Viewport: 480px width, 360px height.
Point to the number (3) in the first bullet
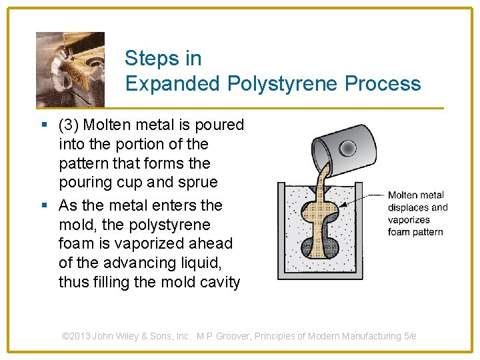[69, 125]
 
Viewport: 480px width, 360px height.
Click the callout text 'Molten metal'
[416, 195]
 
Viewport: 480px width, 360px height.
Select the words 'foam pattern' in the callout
[415, 232]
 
